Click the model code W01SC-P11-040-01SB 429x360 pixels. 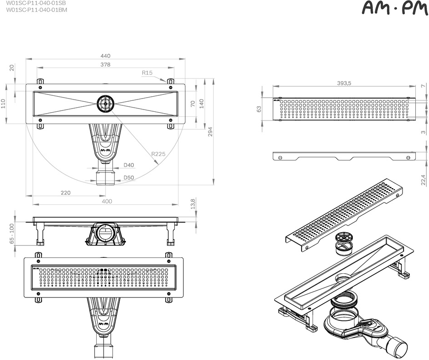[x=36, y=3]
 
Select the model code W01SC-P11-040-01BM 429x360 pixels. [x=37, y=10]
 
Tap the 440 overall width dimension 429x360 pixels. [x=105, y=56]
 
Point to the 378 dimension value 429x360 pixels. [x=105, y=64]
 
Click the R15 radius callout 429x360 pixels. [x=147, y=73]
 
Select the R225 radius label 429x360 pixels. [x=159, y=154]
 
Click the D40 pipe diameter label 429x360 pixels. [x=129, y=165]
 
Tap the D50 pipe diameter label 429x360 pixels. [x=129, y=178]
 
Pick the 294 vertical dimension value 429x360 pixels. [x=210, y=132]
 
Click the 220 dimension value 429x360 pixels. [x=66, y=193]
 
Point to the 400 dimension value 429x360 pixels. [x=107, y=201]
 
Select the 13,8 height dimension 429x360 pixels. [x=193, y=204]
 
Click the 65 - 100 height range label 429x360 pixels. [x=11, y=234]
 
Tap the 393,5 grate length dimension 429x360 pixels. [x=344, y=83]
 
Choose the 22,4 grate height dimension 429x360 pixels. [x=424, y=180]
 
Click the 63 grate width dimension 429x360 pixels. [x=259, y=109]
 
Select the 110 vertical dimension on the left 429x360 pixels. [x=3, y=104]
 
